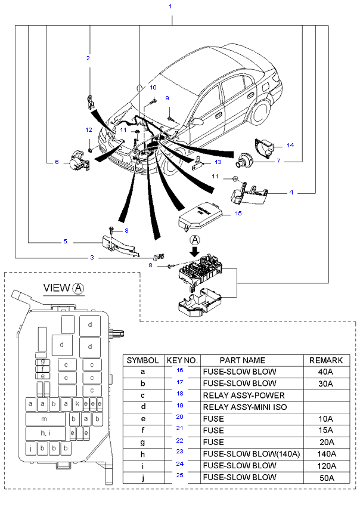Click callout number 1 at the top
(x=170, y=7)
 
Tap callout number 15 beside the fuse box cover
(x=238, y=213)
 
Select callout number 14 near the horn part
(x=290, y=146)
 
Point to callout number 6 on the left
(x=57, y=162)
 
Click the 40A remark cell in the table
(x=326, y=372)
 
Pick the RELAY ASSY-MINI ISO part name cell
(x=245, y=407)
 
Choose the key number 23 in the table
(x=179, y=452)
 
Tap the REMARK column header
(x=326, y=360)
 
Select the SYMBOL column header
(x=143, y=360)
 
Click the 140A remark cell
(x=326, y=454)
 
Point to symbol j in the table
(x=143, y=477)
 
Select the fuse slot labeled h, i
(x=45, y=432)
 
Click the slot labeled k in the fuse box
(x=77, y=404)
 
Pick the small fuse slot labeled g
(x=43, y=361)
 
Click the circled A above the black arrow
(x=195, y=240)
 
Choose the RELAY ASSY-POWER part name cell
(x=244, y=396)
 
